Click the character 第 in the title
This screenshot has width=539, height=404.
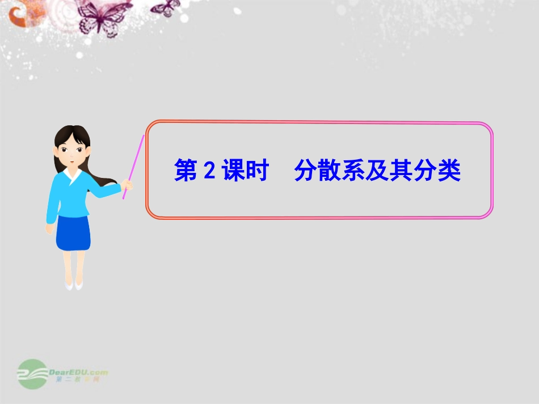pyautogui.click(x=185, y=171)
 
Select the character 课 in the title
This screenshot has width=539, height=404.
pyautogui.click(x=231, y=171)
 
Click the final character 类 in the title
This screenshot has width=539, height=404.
pyautogui.click(x=450, y=171)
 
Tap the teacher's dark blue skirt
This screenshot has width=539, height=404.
pyautogui.click(x=73, y=232)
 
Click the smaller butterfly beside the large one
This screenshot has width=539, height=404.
pyautogui.click(x=165, y=7)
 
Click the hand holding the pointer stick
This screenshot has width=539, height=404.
pyautogui.click(x=128, y=185)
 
